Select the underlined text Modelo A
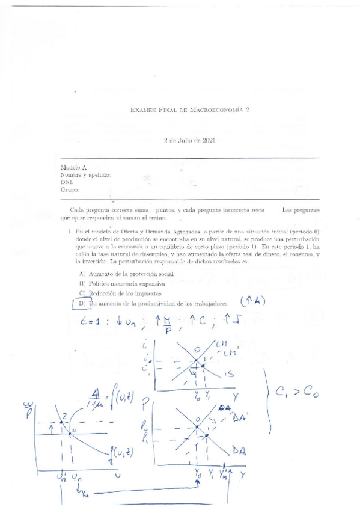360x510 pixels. pos(73,167)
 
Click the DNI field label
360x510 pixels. pos(66,182)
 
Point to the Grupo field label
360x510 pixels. pos(70,189)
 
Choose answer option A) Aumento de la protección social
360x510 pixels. pos(124,274)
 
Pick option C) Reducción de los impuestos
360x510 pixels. pos(120,293)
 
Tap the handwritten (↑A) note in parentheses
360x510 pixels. pos(253,301)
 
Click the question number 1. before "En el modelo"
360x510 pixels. pos(70,231)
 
